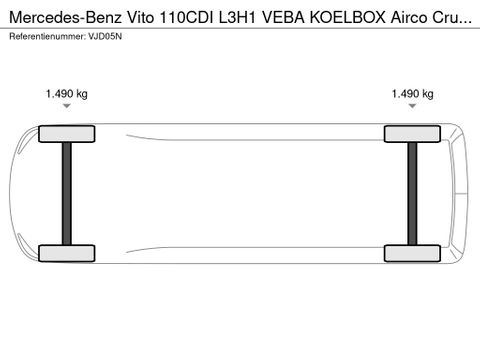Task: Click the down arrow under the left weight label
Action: coord(66,105)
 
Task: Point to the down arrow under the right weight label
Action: coord(412,105)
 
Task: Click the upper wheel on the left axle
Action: coord(66,133)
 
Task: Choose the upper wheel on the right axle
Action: coord(412,133)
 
